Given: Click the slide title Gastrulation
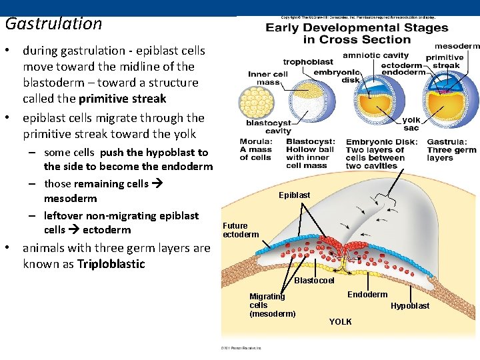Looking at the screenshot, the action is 53,24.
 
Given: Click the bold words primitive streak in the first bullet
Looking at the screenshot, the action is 122,99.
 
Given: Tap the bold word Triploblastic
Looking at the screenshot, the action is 111,263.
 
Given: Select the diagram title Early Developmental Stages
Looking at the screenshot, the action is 357,28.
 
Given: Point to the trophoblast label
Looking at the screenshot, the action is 308,62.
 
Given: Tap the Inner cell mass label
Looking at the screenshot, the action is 268,78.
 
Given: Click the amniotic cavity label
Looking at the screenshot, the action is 376,55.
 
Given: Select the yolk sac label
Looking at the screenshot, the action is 411,124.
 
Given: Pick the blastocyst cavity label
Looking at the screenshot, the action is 269,127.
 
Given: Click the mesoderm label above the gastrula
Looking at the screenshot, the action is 457,46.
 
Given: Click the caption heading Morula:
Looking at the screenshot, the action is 256,142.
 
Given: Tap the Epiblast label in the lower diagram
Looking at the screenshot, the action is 294,195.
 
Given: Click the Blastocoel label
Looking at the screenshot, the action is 314,281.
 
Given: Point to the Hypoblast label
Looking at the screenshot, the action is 410,306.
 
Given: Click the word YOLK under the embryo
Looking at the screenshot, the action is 340,322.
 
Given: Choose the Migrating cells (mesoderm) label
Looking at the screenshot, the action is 272,305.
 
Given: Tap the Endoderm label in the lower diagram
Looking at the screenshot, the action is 367,294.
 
